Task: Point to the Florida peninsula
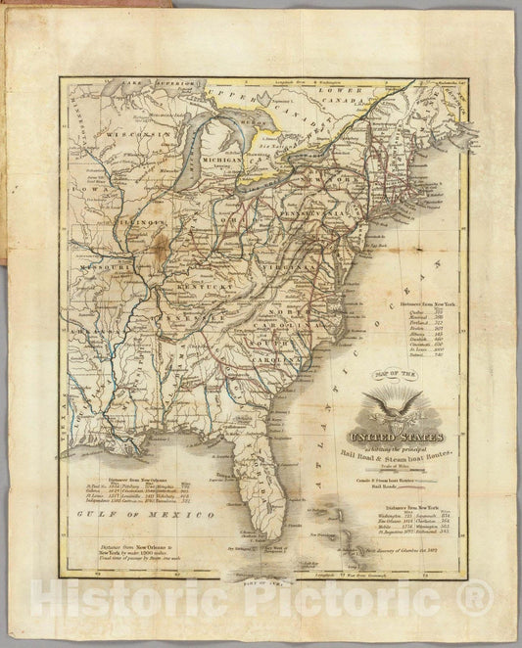tap(261, 489)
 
